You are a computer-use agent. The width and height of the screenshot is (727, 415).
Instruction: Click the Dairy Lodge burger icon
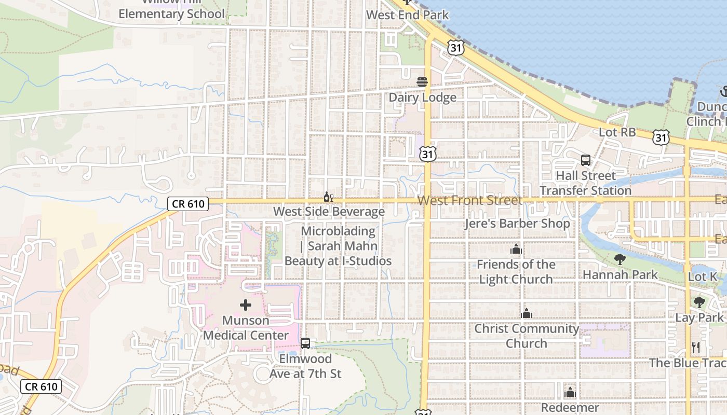(x=422, y=82)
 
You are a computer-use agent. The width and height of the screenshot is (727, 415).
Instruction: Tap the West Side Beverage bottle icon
(x=328, y=197)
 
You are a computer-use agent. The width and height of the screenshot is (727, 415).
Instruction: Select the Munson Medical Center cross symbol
(x=246, y=305)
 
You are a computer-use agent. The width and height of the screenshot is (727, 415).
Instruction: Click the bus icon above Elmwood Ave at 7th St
(x=305, y=343)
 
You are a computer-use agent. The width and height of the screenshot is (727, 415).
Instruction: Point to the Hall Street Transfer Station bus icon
(x=586, y=160)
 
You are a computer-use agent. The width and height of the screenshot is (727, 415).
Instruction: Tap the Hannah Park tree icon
(x=620, y=259)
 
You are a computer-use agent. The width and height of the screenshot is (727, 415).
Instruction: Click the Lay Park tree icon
(x=699, y=302)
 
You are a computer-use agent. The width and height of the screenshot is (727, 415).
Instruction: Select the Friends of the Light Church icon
(x=516, y=250)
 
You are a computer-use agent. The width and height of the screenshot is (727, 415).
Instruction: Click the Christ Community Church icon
(x=527, y=314)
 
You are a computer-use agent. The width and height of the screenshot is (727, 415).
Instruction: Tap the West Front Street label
(x=469, y=200)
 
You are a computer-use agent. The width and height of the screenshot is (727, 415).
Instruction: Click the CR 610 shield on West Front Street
(x=188, y=204)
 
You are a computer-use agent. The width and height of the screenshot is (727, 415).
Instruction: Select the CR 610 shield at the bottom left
(x=42, y=386)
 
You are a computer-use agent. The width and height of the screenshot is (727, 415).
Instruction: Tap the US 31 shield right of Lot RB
(x=661, y=137)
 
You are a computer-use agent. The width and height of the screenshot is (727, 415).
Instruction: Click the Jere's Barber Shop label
(x=517, y=224)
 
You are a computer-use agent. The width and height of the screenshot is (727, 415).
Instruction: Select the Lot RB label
(x=617, y=132)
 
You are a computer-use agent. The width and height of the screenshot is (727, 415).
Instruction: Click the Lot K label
(x=703, y=277)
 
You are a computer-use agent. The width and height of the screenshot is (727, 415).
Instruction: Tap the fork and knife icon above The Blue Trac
(x=696, y=347)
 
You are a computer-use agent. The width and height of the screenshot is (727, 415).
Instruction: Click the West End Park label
(x=407, y=15)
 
